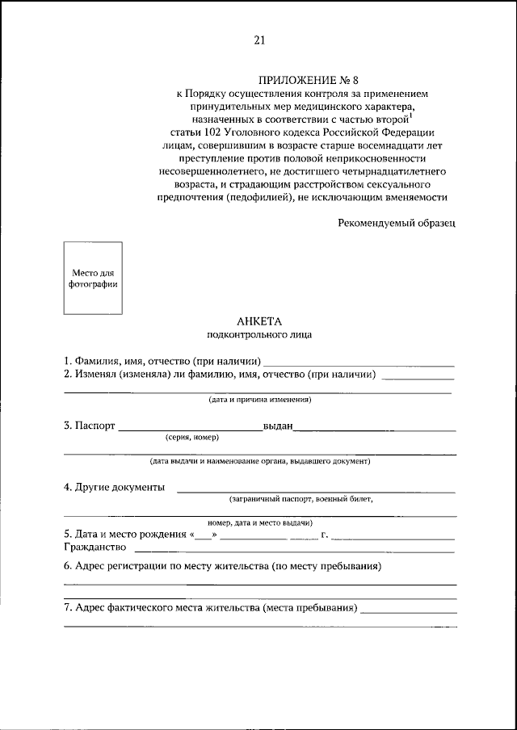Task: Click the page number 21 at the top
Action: [258, 40]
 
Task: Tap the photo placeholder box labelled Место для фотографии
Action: [93, 278]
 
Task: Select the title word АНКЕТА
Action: [258, 321]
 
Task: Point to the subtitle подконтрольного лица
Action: [258, 334]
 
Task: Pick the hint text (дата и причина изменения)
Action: [258, 400]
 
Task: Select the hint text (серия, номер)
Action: [191, 437]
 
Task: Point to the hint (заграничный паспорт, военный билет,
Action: [301, 499]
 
